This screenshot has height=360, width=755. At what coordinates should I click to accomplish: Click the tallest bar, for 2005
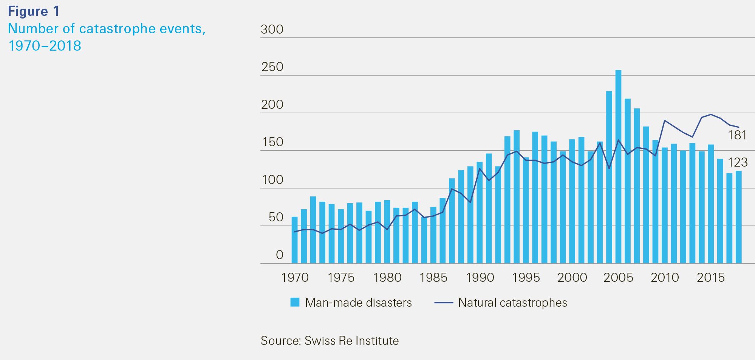pyautogui.click(x=618, y=166)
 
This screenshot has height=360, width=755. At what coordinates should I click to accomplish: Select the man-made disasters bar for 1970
pyautogui.click(x=294, y=240)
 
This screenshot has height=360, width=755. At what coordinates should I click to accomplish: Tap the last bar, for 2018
pyautogui.click(x=738, y=217)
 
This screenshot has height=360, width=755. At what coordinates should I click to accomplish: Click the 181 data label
pyautogui.click(x=737, y=135)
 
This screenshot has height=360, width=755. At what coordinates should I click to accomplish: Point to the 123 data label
pyautogui.click(x=738, y=162)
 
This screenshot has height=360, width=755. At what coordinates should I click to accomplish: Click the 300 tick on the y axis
pyautogui.click(x=272, y=29)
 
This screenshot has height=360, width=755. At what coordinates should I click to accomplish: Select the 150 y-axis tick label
pyautogui.click(x=272, y=142)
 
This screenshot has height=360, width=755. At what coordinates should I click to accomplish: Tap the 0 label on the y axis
pyautogui.click(x=280, y=255)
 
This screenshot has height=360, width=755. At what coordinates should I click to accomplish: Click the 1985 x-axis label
pyautogui.click(x=433, y=278)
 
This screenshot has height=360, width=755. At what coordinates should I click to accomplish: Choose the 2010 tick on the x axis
pyautogui.click(x=665, y=278)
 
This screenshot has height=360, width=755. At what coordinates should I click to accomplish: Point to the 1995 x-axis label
pyautogui.click(x=526, y=278)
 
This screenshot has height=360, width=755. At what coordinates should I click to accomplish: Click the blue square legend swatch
pyautogui.click(x=295, y=302)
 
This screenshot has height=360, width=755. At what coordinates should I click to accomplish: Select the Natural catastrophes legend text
pyautogui.click(x=512, y=303)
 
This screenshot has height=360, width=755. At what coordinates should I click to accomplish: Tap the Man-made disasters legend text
pyautogui.click(x=358, y=303)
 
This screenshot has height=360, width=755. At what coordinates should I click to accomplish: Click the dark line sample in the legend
pyautogui.click(x=444, y=303)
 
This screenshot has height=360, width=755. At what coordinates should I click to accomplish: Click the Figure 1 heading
pyautogui.click(x=34, y=11)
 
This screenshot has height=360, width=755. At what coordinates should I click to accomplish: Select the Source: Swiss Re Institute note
pyautogui.click(x=330, y=341)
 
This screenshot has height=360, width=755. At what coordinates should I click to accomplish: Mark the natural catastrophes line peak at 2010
pyautogui.click(x=665, y=121)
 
